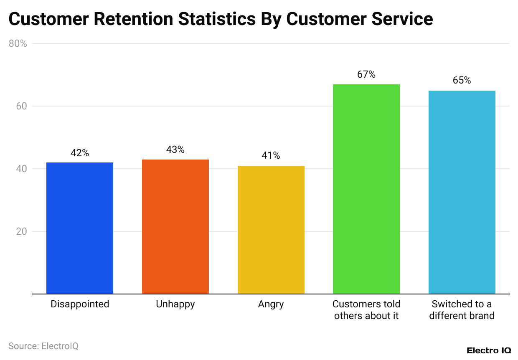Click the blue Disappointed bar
tap(80, 228)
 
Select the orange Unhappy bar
tap(175, 226)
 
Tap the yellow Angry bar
tap(271, 230)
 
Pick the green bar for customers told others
tap(366, 189)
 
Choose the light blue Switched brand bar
tap(462, 192)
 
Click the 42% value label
tap(80, 153)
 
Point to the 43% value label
tap(175, 150)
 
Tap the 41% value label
tap(271, 156)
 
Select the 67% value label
tap(366, 74)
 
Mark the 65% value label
tap(462, 81)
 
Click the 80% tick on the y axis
tap(18, 43)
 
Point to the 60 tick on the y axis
tap(21, 106)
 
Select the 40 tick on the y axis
tap(21, 169)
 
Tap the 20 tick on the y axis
tap(21, 231)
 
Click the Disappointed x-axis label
tap(80, 304)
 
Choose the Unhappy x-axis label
tap(175, 304)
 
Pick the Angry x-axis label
tap(271, 304)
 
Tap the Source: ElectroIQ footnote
tap(43, 346)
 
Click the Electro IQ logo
tap(488, 350)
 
